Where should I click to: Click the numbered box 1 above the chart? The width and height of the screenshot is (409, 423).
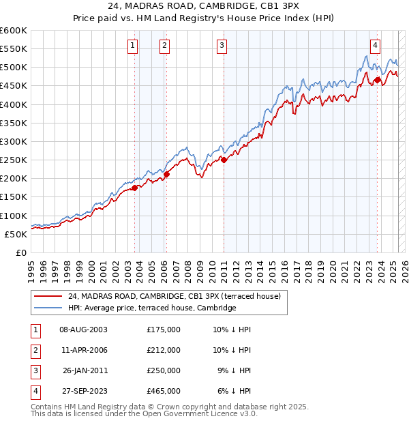[x=132, y=46]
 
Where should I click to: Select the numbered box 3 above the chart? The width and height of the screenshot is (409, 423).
[x=222, y=46]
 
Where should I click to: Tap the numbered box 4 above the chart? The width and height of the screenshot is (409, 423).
[x=375, y=46]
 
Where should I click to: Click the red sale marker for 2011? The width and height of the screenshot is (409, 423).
[x=224, y=160]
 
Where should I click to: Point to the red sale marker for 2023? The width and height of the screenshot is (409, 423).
[x=377, y=81]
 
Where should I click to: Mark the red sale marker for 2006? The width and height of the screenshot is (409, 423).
[x=166, y=174]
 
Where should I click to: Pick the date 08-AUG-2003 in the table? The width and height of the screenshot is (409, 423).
[x=83, y=330]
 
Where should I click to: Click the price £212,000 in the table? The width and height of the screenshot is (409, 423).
[x=164, y=350]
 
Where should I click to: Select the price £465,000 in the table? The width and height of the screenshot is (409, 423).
[x=164, y=391]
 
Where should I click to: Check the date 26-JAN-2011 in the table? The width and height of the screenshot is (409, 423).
[x=85, y=370]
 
